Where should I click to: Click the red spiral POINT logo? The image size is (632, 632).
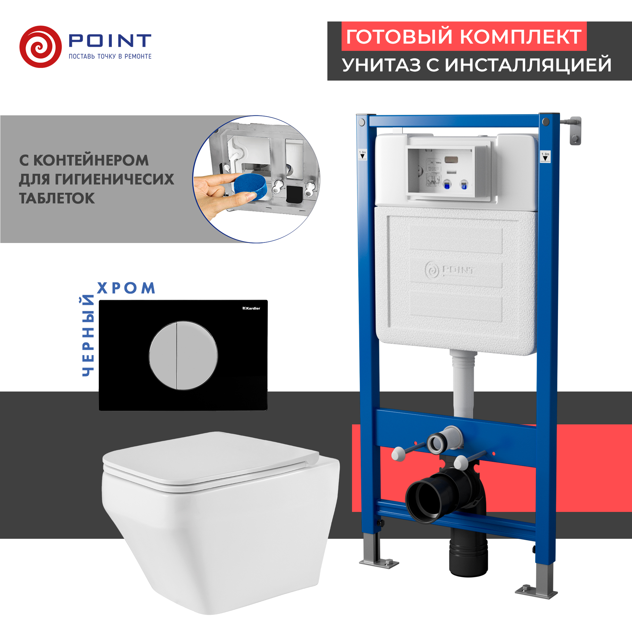click(40, 47)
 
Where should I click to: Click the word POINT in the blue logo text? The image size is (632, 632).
click(110, 40)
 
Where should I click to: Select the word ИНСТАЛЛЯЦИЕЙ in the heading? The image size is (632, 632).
click(528, 65)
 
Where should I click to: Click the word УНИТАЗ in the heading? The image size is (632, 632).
click(381, 65)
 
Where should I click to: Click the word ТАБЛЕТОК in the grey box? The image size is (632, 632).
click(57, 198)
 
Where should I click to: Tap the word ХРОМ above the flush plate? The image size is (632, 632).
click(126, 288)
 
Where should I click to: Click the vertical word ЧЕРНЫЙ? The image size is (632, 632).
click(88, 336)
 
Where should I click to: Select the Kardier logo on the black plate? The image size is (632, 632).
click(251, 308)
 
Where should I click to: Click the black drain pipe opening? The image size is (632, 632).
click(424, 501)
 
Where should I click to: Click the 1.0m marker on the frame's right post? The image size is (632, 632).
click(545, 156)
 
